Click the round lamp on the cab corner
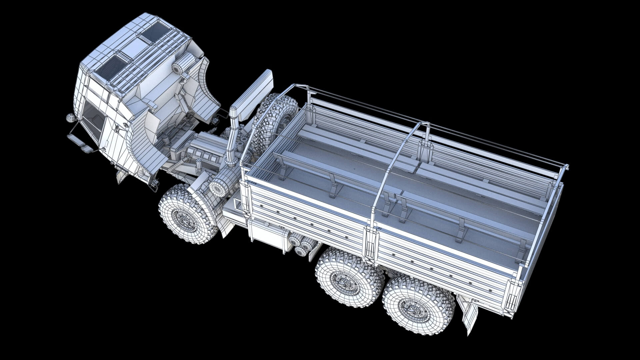70,117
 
